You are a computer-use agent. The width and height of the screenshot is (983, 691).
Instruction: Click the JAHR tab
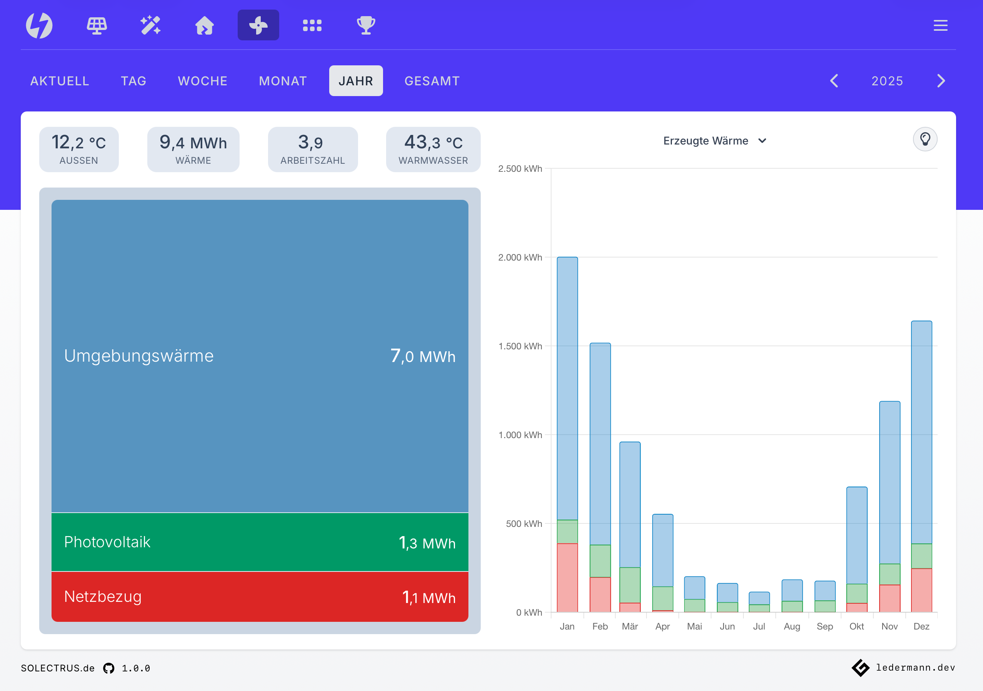click(x=355, y=81)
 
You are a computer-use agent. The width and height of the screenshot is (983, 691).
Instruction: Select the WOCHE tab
click(x=203, y=81)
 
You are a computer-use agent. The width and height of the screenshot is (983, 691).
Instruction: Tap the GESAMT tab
click(x=432, y=81)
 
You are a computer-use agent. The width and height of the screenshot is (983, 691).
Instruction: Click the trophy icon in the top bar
click(x=366, y=25)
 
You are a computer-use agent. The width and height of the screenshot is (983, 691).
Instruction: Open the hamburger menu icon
click(x=940, y=25)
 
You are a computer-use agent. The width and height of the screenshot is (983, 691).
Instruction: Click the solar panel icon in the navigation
click(x=97, y=25)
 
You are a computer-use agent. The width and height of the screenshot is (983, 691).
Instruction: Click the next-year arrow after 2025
click(x=941, y=81)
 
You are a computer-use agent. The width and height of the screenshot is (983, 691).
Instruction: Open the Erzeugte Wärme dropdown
click(x=714, y=141)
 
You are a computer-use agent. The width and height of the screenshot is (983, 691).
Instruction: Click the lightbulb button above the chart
click(x=925, y=140)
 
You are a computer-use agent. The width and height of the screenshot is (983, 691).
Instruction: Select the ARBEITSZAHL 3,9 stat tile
click(x=313, y=149)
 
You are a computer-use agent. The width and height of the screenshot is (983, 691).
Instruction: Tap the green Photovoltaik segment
click(x=260, y=542)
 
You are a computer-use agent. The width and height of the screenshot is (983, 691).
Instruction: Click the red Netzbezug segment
click(x=260, y=596)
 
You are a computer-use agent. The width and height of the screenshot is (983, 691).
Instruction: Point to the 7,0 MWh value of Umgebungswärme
click(x=423, y=356)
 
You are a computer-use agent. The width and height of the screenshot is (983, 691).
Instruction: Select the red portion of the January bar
click(x=567, y=578)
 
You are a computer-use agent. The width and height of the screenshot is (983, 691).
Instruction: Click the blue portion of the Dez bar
click(x=921, y=432)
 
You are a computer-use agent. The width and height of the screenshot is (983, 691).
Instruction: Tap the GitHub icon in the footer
click(x=109, y=668)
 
